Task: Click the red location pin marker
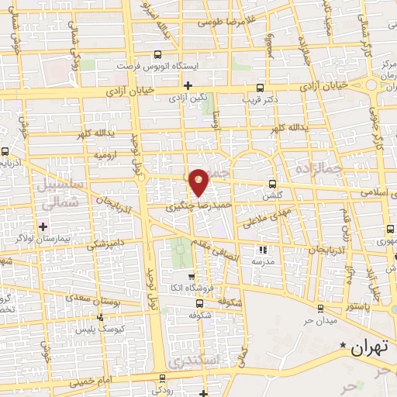(x=199, y=181)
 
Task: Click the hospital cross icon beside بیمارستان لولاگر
(x=43, y=226)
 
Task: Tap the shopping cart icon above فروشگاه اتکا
(x=191, y=275)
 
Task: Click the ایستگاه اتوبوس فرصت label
(x=158, y=66)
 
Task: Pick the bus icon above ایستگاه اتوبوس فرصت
(x=158, y=55)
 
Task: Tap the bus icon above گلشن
(x=271, y=184)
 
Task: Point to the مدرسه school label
(x=262, y=262)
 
